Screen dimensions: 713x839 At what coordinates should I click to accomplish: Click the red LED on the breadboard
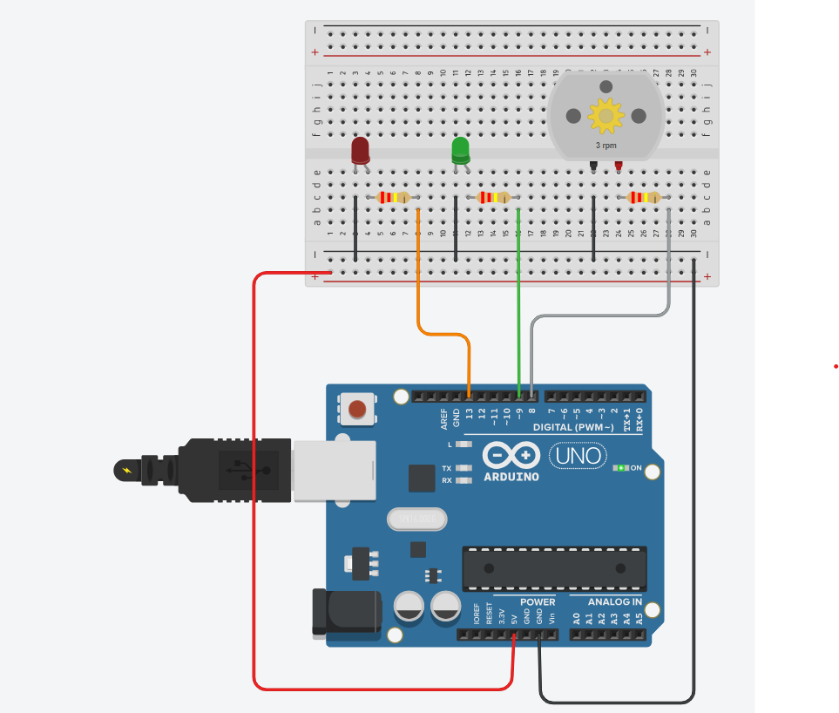pos(360,150)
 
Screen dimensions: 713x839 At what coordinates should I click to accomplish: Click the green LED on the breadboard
pos(460,150)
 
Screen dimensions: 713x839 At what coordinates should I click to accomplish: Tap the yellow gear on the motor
pos(606,115)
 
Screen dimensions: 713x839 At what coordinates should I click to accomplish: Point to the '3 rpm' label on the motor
pos(606,146)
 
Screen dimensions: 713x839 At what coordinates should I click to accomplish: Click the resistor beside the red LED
pos(394,198)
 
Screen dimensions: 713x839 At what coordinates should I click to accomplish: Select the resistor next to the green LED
pos(494,198)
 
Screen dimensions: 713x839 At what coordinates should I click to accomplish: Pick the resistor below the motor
pos(644,198)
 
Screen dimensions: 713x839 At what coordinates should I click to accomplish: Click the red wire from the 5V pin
pos(254,479)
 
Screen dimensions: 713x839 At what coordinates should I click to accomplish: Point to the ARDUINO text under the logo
pos(511,477)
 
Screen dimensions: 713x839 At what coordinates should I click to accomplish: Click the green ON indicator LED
pos(620,468)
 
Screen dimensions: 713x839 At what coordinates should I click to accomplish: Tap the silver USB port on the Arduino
pos(335,471)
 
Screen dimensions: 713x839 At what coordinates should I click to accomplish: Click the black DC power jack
pos(347,612)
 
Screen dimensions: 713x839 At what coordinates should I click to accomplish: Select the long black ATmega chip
pos(554,568)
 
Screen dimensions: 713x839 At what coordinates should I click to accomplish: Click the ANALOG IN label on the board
pos(614,602)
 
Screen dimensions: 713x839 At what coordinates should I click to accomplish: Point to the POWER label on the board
pos(538,602)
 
